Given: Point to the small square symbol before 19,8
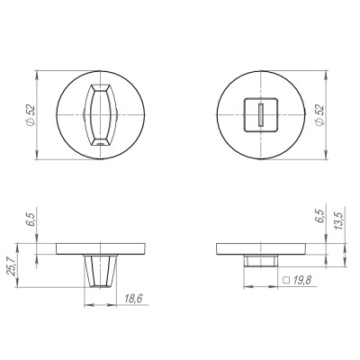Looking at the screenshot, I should coord(285,281).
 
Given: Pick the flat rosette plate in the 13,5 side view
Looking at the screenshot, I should coord(260,247).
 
